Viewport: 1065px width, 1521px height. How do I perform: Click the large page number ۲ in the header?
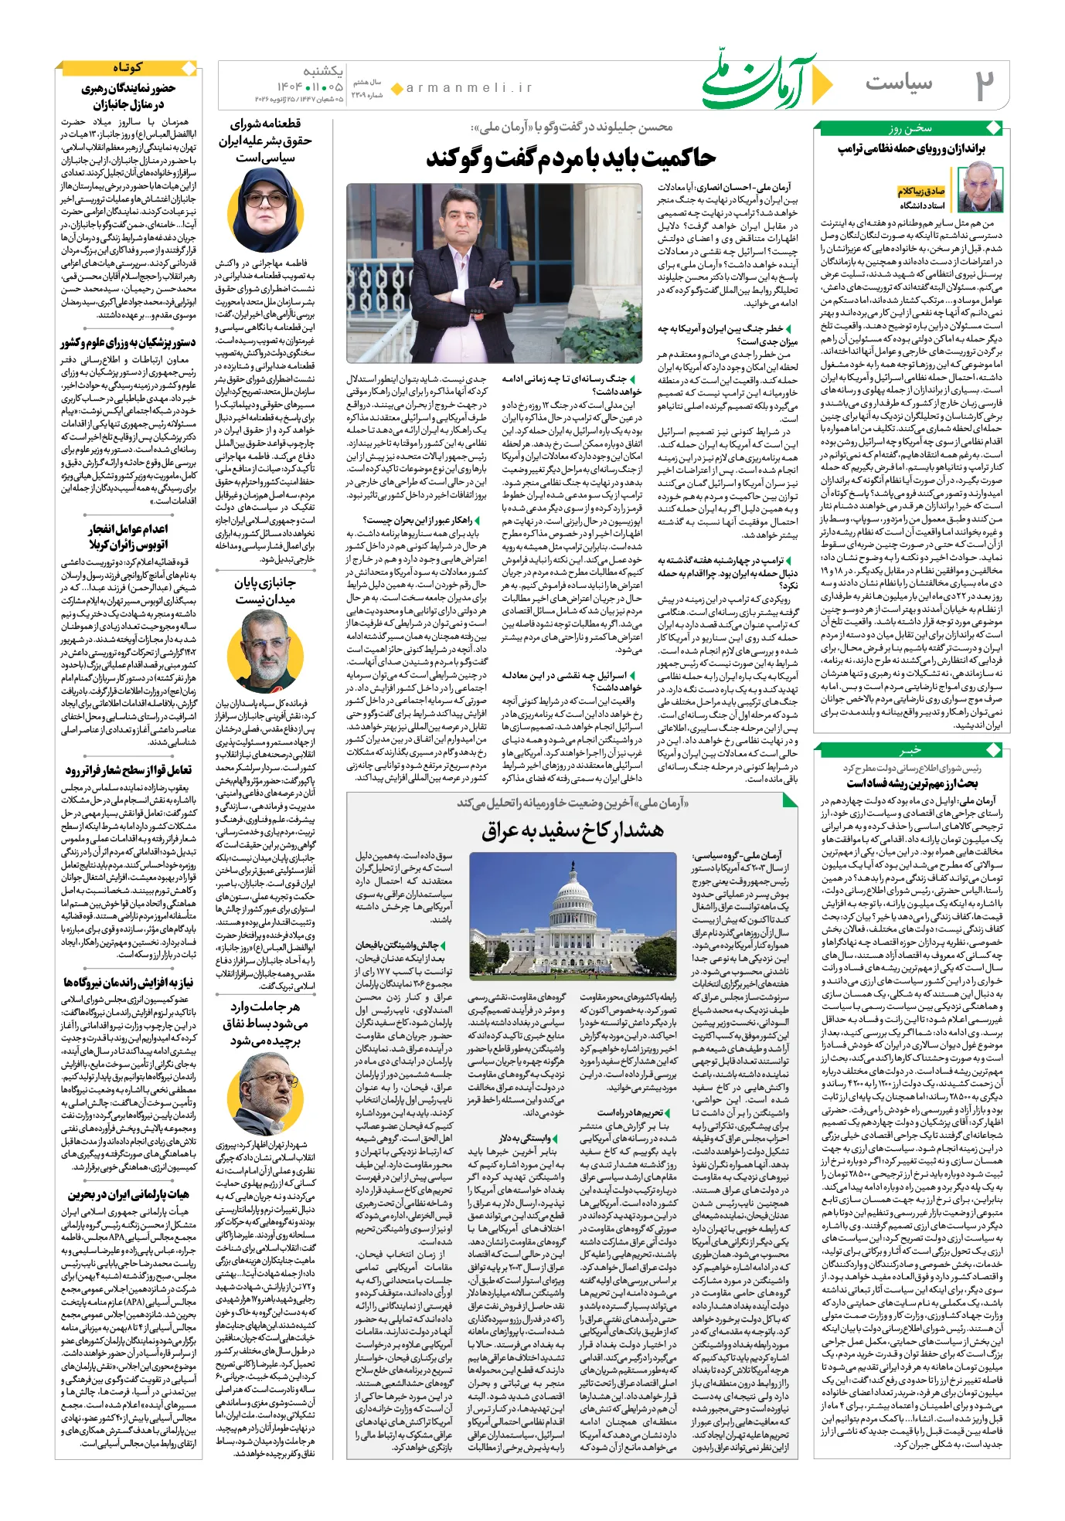tap(984, 84)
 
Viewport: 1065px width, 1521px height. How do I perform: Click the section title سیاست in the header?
tap(899, 83)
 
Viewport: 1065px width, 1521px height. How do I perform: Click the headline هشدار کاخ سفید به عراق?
tap(573, 831)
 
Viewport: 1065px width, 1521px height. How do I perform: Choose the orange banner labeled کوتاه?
tap(128, 68)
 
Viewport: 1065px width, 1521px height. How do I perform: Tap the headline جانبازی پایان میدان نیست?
tap(265, 591)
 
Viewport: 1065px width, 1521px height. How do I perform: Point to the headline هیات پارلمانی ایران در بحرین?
tap(129, 1194)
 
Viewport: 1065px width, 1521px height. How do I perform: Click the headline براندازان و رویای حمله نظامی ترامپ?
tap(912, 149)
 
